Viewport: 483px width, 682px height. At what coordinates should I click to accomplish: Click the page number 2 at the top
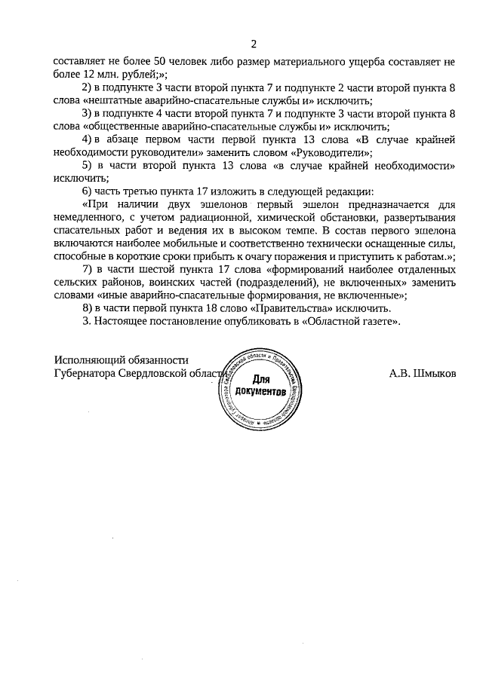tap(254, 43)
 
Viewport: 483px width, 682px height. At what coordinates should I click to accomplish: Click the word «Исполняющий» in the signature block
tap(90, 359)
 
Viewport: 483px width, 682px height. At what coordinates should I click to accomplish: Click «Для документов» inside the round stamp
tap(260, 386)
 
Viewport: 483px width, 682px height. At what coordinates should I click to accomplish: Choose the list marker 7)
tap(86, 269)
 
